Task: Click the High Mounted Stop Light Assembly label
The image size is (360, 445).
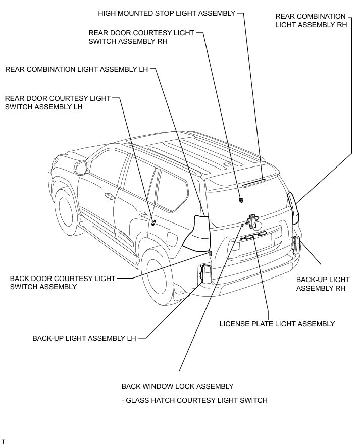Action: click(x=167, y=13)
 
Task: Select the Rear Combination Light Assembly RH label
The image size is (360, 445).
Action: click(x=311, y=21)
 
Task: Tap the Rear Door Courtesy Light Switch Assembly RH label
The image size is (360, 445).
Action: click(x=141, y=37)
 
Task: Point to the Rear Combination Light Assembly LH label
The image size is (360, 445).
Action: click(x=76, y=69)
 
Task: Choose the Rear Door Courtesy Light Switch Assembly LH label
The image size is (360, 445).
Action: click(x=57, y=102)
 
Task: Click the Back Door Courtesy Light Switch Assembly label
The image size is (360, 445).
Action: click(x=63, y=282)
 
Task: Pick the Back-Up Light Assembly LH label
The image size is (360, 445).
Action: click(x=84, y=338)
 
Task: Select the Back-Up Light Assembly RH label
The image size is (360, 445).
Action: click(x=323, y=284)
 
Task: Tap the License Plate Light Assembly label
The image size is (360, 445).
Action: click(x=277, y=324)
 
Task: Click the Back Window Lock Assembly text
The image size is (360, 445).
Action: click(x=177, y=386)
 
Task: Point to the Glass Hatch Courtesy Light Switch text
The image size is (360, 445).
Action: click(x=194, y=401)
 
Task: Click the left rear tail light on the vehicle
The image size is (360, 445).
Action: click(x=197, y=233)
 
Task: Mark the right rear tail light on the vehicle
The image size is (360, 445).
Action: click(x=293, y=207)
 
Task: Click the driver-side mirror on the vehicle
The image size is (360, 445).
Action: click(x=80, y=168)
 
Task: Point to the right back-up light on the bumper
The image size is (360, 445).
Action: click(x=296, y=246)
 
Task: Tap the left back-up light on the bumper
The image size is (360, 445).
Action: click(x=206, y=274)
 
